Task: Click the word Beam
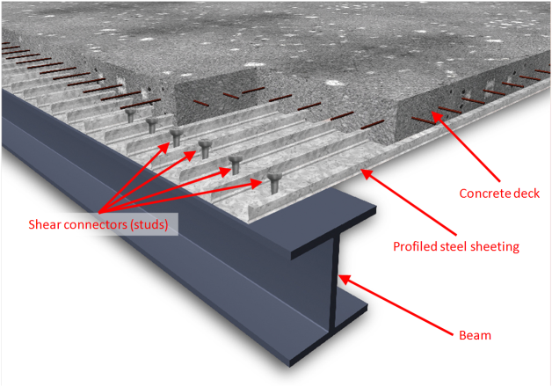[476, 335]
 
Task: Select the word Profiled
[414, 246]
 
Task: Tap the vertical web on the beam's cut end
[334, 281]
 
